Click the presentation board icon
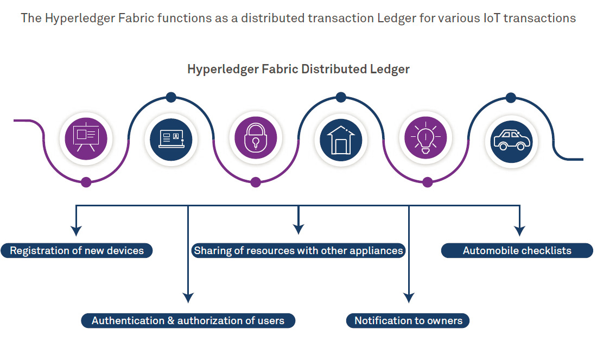[x=86, y=138]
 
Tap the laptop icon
[x=170, y=140]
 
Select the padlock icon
[x=256, y=138]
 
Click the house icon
[x=340, y=140]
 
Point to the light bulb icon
[x=425, y=138]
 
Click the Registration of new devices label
[x=77, y=251]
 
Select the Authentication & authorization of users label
[x=188, y=320]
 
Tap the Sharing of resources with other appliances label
[x=298, y=251]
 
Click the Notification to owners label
[x=408, y=320]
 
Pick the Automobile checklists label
[x=517, y=251]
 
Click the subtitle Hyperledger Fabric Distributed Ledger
[x=298, y=70]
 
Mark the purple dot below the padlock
[x=256, y=182]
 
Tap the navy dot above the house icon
[x=341, y=97]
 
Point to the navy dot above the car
[x=511, y=97]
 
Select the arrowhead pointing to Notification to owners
[x=409, y=297]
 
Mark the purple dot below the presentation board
[x=86, y=182]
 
